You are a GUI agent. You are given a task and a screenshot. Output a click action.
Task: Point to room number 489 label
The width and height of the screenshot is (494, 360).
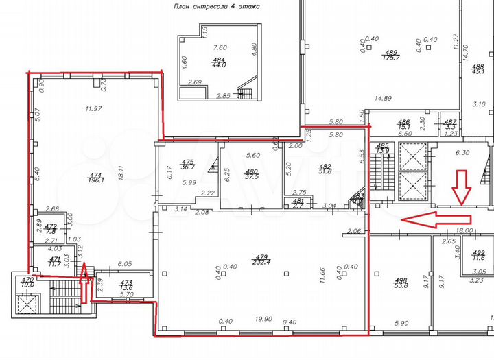[x=392, y=56]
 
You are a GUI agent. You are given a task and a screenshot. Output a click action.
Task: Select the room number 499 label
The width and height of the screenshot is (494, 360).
[x=480, y=255]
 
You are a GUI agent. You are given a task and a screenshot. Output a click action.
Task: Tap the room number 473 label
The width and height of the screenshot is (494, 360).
[x=126, y=285]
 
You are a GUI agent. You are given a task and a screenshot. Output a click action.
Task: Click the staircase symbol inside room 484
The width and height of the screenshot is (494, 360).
[x=245, y=91]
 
